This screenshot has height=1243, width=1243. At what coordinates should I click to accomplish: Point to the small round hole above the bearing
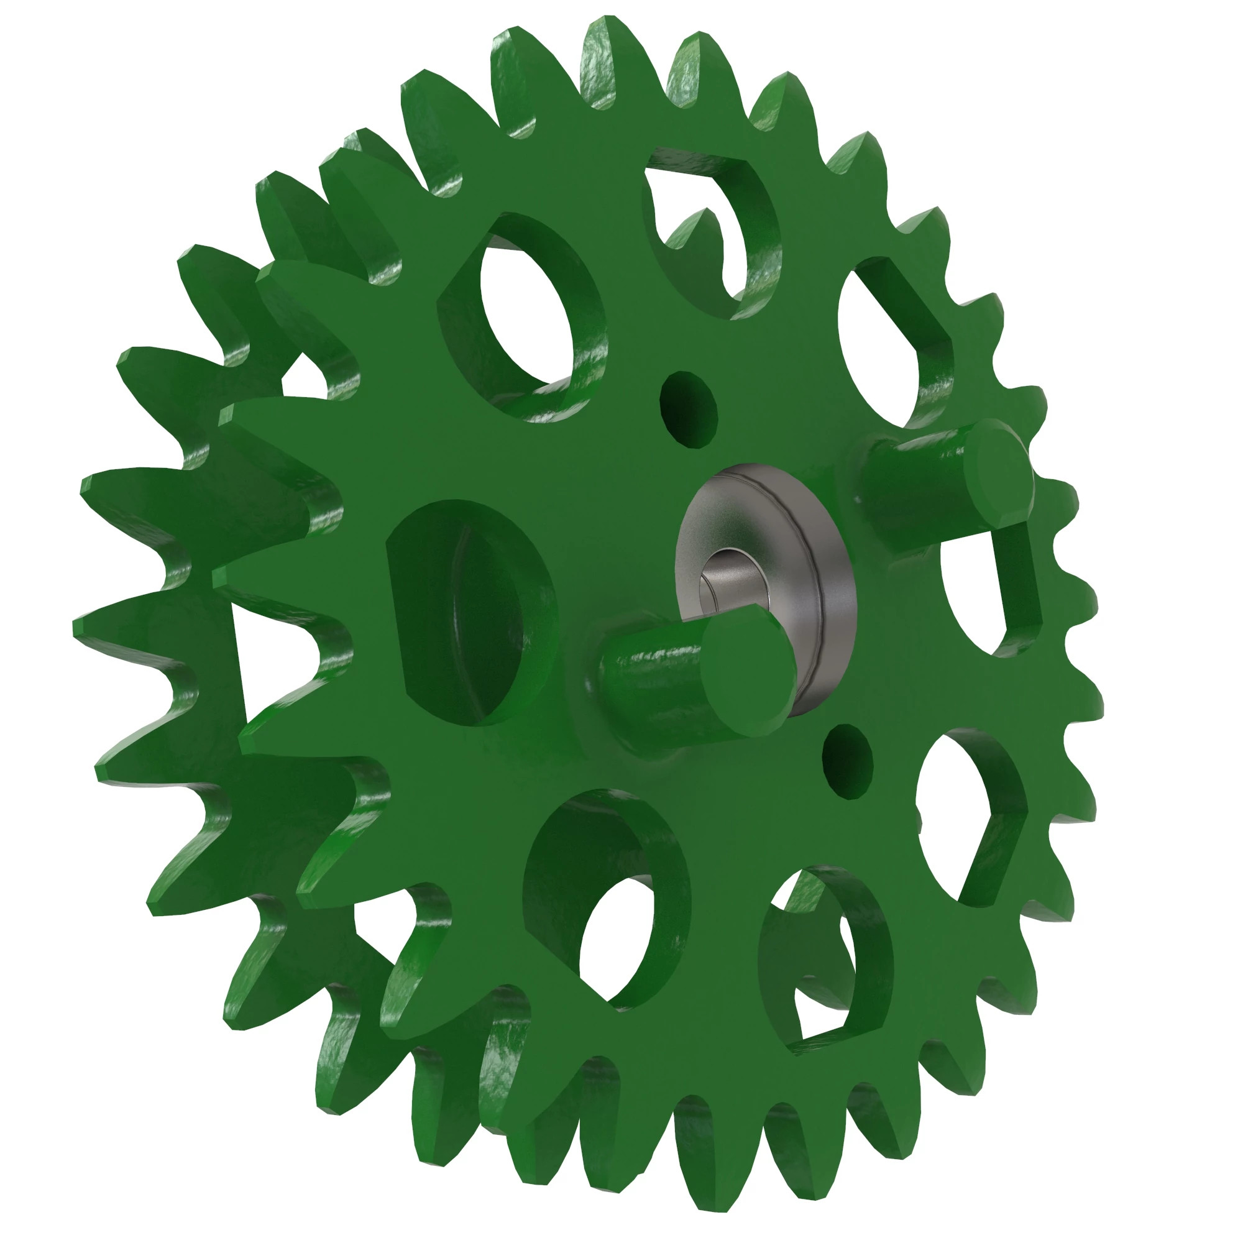(689, 409)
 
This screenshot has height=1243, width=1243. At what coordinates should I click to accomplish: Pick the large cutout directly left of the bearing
(470, 611)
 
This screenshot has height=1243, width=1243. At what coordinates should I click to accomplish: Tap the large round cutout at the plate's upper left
(525, 315)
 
